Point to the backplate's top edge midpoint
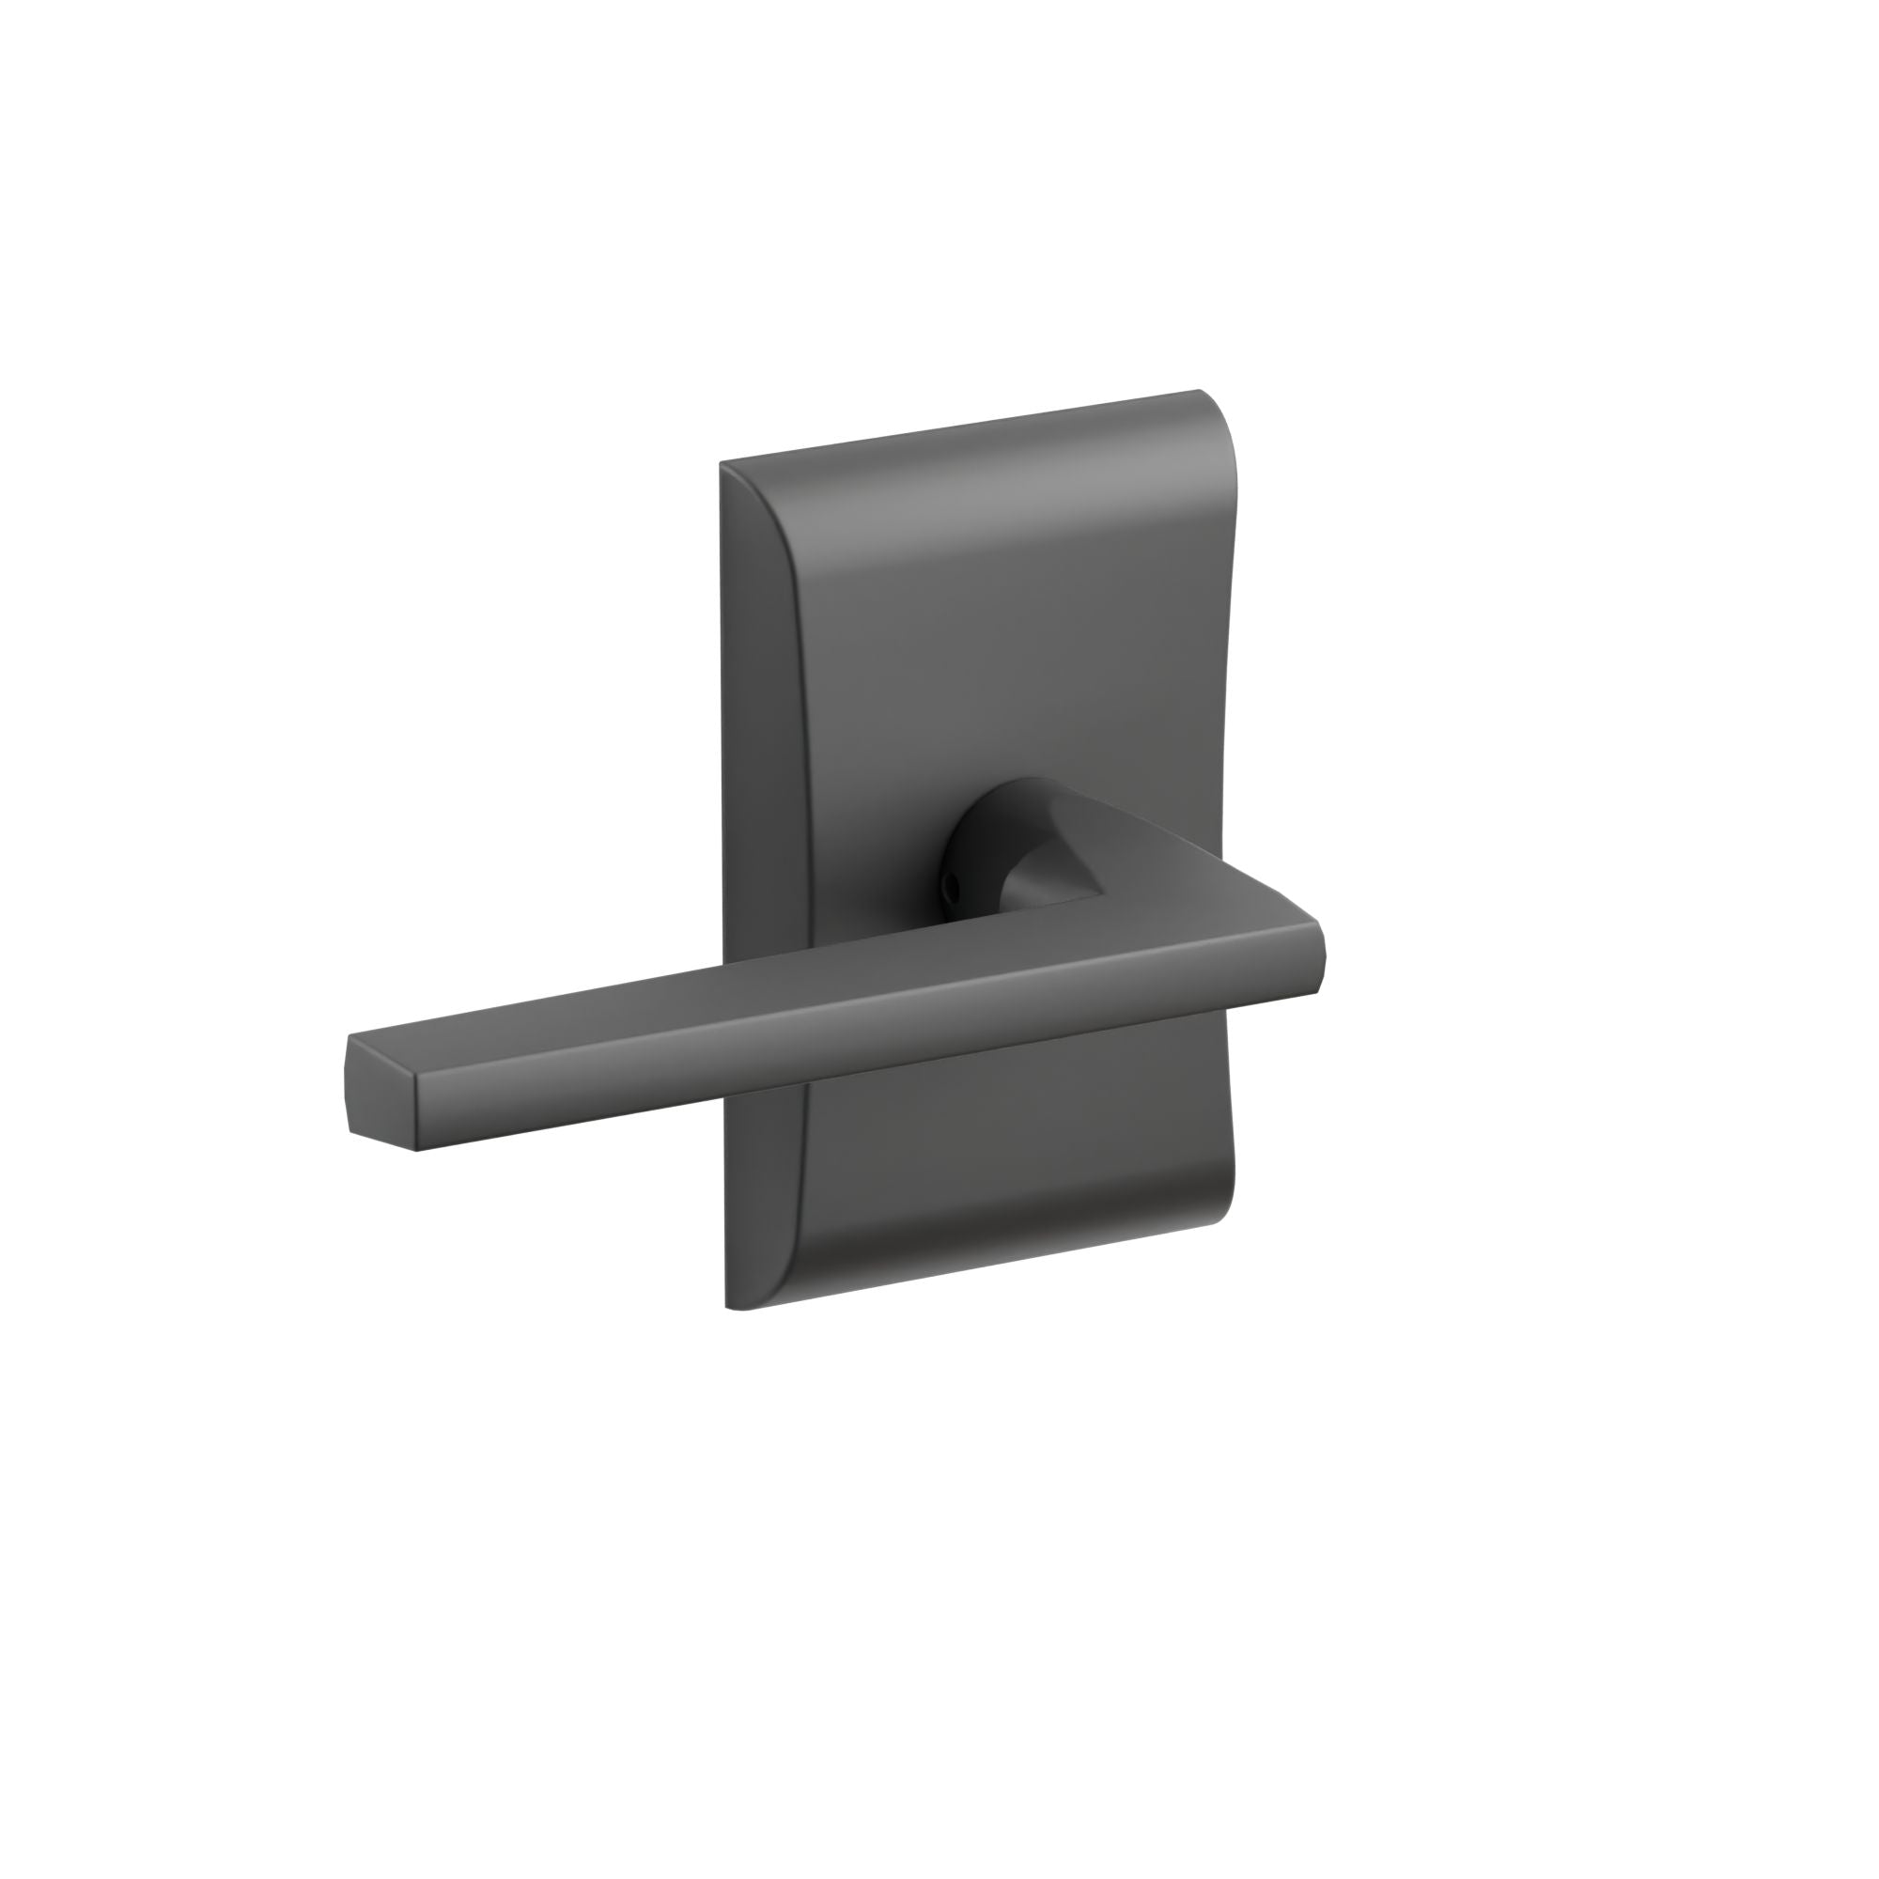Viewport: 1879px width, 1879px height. point(963,427)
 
